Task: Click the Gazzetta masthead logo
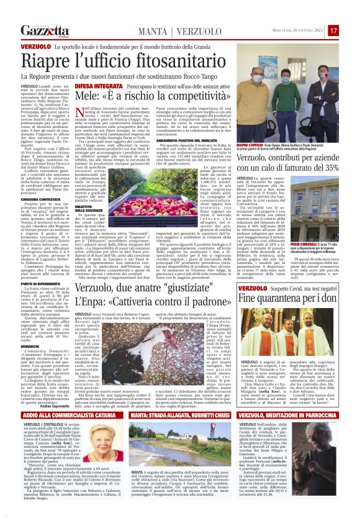pos(44,30)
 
